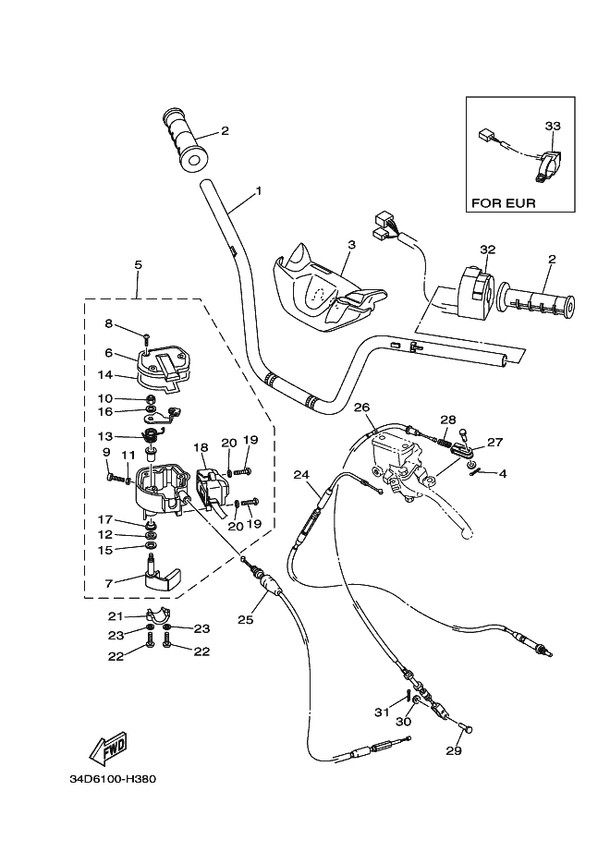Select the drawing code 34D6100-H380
(x=113, y=778)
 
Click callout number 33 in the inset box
(x=554, y=126)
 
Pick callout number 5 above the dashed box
(x=138, y=265)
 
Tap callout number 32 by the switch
(x=488, y=249)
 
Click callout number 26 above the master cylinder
(x=361, y=407)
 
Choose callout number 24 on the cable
(x=300, y=475)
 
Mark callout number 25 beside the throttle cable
(x=245, y=620)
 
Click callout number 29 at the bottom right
(x=453, y=751)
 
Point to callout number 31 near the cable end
(x=380, y=712)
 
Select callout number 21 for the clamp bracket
(x=115, y=616)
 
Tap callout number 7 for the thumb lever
(x=108, y=583)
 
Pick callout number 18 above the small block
(x=201, y=447)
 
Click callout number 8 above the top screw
(x=108, y=323)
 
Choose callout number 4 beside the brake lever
(x=503, y=474)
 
